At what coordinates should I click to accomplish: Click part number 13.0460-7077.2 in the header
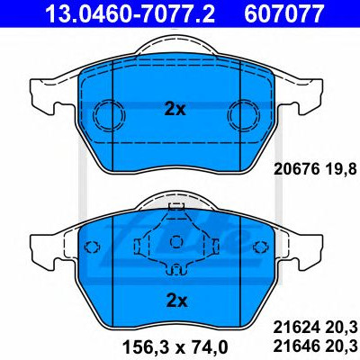[130, 13]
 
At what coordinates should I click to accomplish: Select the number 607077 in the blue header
[283, 13]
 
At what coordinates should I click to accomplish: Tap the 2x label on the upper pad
[175, 110]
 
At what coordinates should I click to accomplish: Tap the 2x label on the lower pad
[176, 301]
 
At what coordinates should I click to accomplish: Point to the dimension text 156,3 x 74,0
[175, 347]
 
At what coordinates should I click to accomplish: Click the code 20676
[296, 170]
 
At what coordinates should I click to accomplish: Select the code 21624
[296, 328]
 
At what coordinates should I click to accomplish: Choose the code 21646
[296, 347]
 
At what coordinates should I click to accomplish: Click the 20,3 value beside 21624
[340, 328]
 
